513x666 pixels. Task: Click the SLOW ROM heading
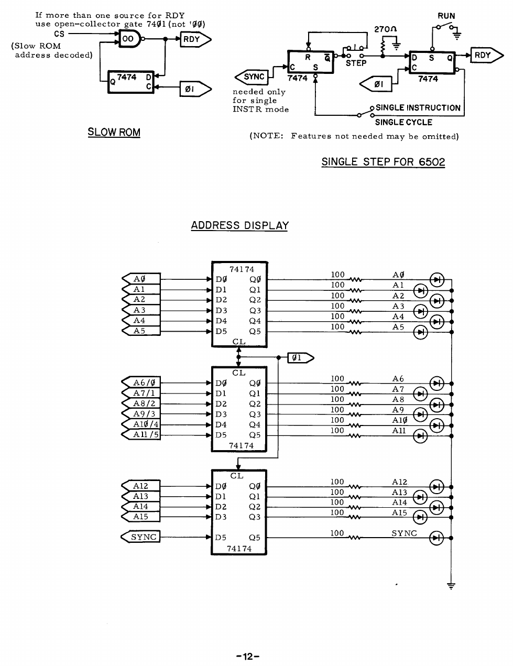114,132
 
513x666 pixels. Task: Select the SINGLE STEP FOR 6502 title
383,162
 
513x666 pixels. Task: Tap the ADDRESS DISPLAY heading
239,226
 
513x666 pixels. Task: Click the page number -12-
248,657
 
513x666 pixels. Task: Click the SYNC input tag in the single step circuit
252,77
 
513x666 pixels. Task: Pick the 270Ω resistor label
384,29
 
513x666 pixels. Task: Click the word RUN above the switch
446,16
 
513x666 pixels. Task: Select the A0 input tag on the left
140,279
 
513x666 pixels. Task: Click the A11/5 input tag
140,434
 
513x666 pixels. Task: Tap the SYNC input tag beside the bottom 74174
140,537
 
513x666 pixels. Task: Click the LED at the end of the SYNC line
436,538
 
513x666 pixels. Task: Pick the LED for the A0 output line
436,280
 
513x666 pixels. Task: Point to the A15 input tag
140,517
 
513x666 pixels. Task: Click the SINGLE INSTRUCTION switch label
418,108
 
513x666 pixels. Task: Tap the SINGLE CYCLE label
403,123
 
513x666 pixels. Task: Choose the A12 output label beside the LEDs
399,482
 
